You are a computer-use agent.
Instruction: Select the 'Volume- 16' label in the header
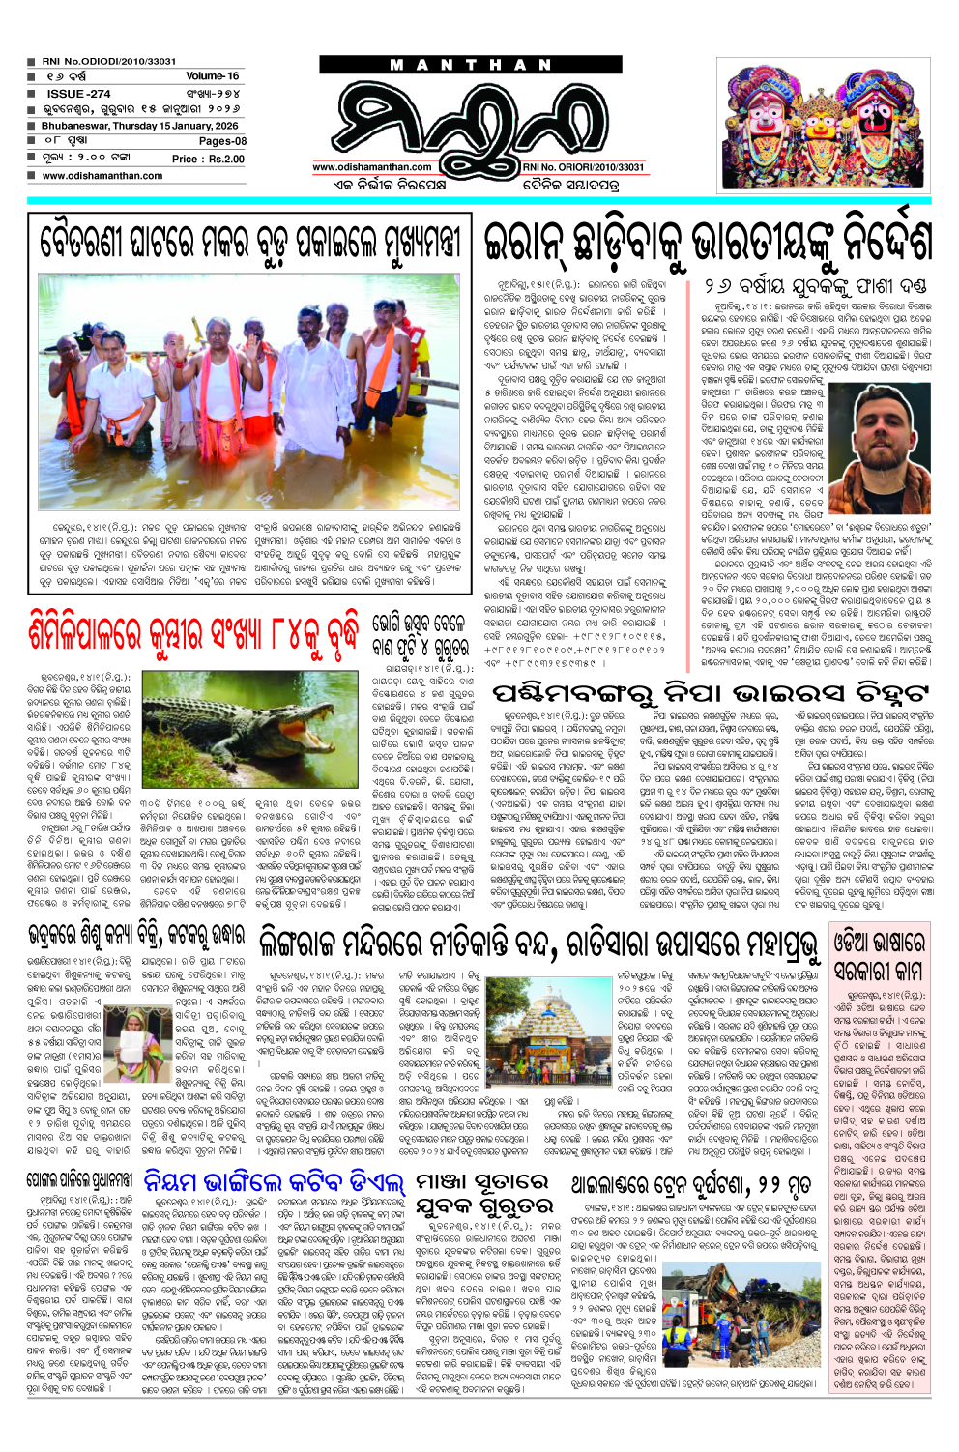pyautogui.click(x=212, y=75)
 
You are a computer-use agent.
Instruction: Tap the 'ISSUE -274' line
pyautogui.click(x=78, y=94)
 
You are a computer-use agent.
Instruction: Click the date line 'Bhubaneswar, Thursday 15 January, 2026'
pyautogui.click(x=139, y=126)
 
